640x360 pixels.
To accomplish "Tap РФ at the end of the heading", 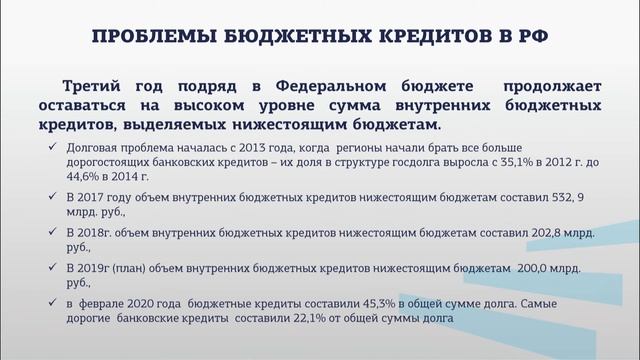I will [537, 38].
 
